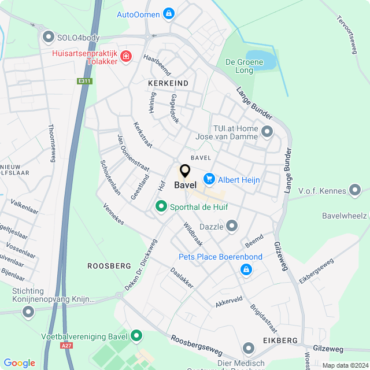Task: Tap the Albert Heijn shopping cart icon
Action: pyautogui.click(x=209, y=180)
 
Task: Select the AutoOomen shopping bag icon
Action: pyautogui.click(x=169, y=13)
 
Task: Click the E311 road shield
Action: pyautogui.click(x=85, y=82)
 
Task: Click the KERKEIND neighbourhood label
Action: pyautogui.click(x=168, y=83)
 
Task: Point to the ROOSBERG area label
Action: pyautogui.click(x=109, y=265)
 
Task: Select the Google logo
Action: pyautogui.click(x=19, y=363)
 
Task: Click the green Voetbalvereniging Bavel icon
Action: pyautogui.click(x=137, y=335)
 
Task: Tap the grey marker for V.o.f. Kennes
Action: pyautogui.click(x=356, y=190)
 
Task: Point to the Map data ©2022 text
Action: pyautogui.click(x=345, y=365)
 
